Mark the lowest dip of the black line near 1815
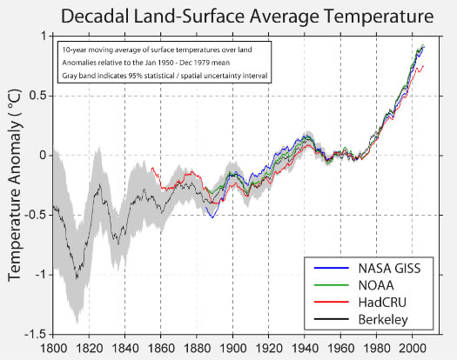77,278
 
